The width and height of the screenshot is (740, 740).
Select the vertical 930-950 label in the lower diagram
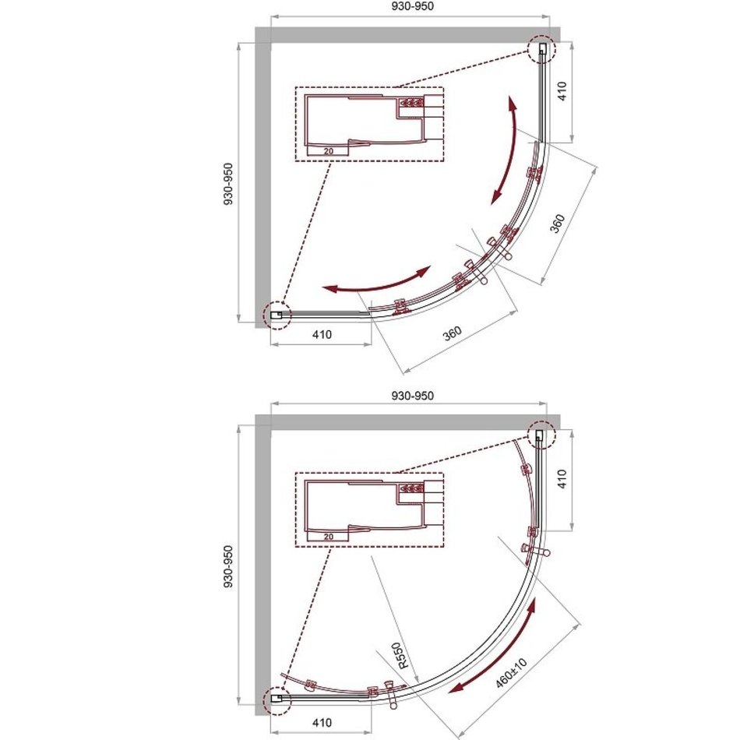pos(228,566)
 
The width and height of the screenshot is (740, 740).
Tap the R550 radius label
pos(400,656)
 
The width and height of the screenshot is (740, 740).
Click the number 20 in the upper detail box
pos(329,151)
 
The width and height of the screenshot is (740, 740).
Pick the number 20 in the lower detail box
pos(329,537)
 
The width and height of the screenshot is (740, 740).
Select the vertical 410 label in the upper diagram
pos(562,91)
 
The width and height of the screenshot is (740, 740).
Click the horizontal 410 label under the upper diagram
pos(322,335)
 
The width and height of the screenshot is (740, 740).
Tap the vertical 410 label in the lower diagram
pos(562,479)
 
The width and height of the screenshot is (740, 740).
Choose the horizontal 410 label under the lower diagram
pos(322,723)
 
